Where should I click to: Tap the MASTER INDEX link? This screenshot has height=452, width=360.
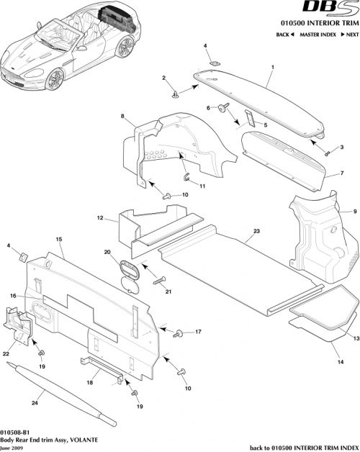click(x=319, y=35)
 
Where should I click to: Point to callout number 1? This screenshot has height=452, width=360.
click(x=272, y=67)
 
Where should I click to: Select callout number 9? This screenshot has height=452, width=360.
click(x=354, y=211)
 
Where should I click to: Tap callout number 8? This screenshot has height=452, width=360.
click(x=122, y=116)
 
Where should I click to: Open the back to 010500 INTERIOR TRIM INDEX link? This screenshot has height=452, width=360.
click(x=303, y=446)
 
